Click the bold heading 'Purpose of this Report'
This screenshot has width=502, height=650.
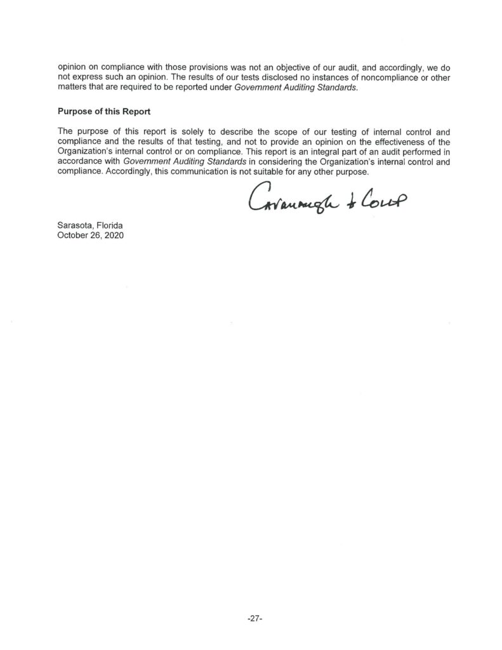click(x=104, y=112)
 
